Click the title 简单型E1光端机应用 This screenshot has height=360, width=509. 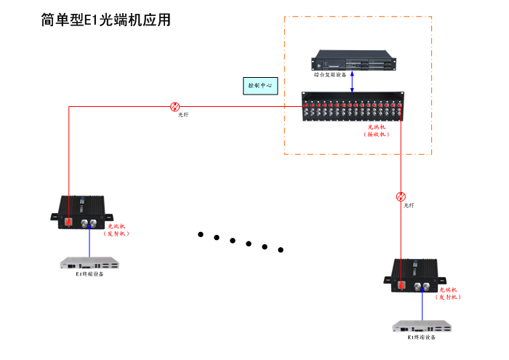pyautogui.click(x=106, y=20)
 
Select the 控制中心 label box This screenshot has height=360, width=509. pyautogui.click(x=260, y=85)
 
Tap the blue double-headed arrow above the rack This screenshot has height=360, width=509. pyautogui.click(x=353, y=81)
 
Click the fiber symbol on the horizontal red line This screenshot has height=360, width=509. pyautogui.click(x=175, y=106)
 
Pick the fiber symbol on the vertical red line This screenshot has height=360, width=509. pyautogui.click(x=401, y=196)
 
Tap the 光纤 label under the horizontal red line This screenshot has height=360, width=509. pyautogui.click(x=183, y=115)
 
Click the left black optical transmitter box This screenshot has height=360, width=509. pyautogui.click(x=82, y=212)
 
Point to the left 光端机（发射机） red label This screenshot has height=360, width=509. pyautogui.click(x=116, y=230)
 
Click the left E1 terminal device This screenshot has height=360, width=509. pyautogui.click(x=89, y=263)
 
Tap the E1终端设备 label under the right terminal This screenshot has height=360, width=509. pyautogui.click(x=422, y=337)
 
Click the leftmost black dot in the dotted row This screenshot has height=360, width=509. pyautogui.click(x=201, y=234)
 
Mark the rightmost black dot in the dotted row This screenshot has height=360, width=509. pyautogui.click(x=281, y=250)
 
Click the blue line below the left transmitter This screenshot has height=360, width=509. pyautogui.click(x=89, y=243)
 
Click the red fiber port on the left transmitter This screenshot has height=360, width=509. pyautogui.click(x=68, y=221)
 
